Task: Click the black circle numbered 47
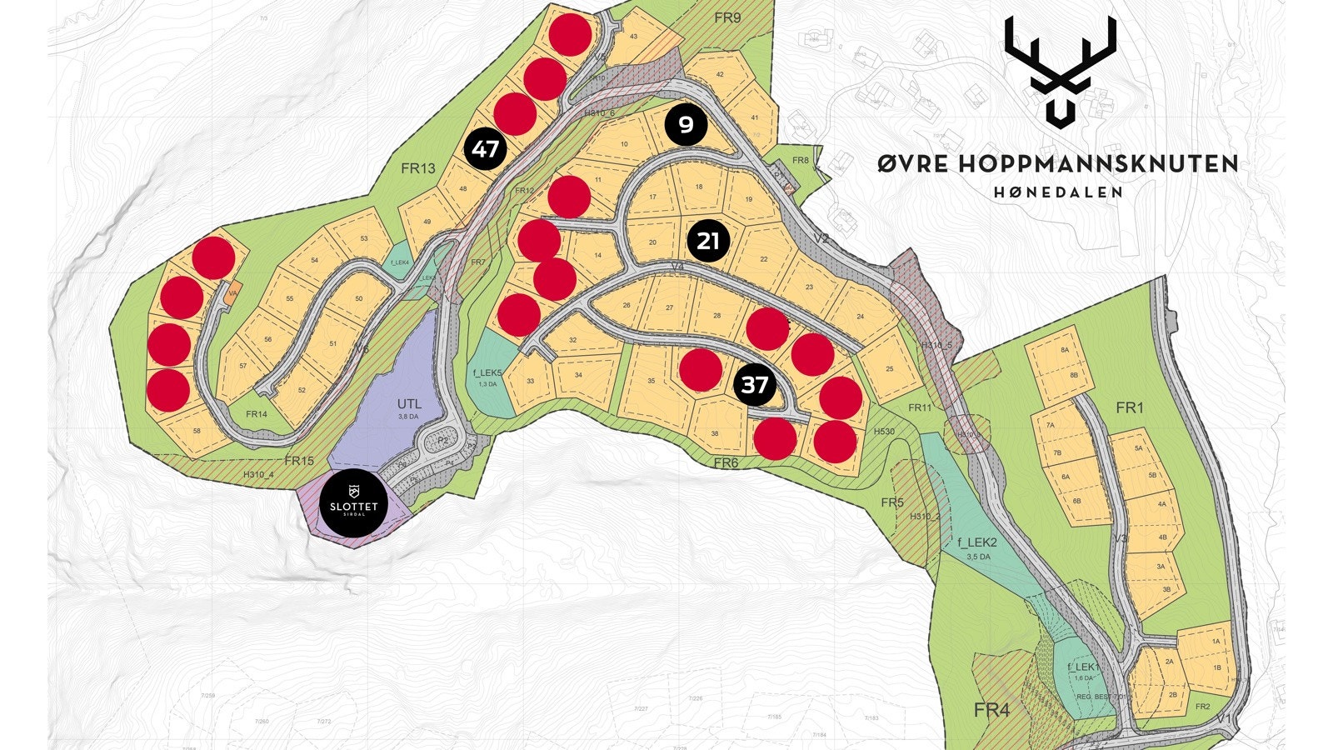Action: tap(485, 150)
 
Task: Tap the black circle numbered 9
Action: tap(686, 125)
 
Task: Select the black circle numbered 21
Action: tap(708, 242)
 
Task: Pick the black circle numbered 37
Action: tap(754, 386)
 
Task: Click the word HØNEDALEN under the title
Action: tap(1058, 192)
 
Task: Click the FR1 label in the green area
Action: tap(1130, 407)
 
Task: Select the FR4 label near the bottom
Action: tap(991, 710)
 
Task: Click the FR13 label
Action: tap(417, 168)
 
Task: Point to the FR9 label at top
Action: tap(727, 17)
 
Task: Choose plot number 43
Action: tap(633, 37)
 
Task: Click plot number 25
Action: tap(890, 369)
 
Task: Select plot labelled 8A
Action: tap(1064, 351)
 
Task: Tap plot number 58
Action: tap(197, 431)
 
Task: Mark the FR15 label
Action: tap(298, 461)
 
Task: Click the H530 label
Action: tap(884, 432)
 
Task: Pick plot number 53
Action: tap(364, 239)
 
